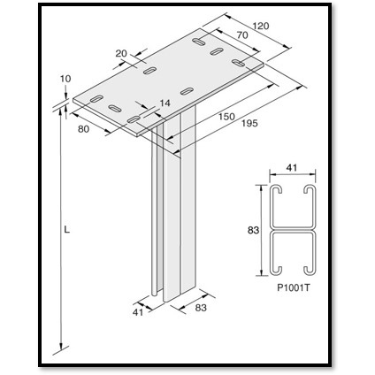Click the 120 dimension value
[x=258, y=26]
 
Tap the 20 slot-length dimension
[x=123, y=53]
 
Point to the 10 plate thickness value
[x=65, y=79]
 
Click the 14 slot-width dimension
[x=164, y=103]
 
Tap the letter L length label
[x=66, y=231]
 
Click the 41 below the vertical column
[x=137, y=311]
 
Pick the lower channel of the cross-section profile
[x=292, y=252]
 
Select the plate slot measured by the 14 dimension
[x=134, y=117]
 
